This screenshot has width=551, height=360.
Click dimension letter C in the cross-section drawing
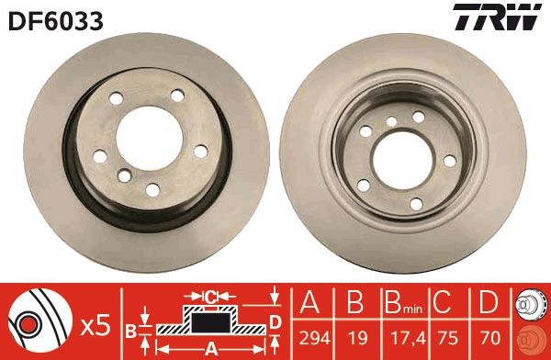(x=210, y=297)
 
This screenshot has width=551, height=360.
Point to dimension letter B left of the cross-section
(x=131, y=330)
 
